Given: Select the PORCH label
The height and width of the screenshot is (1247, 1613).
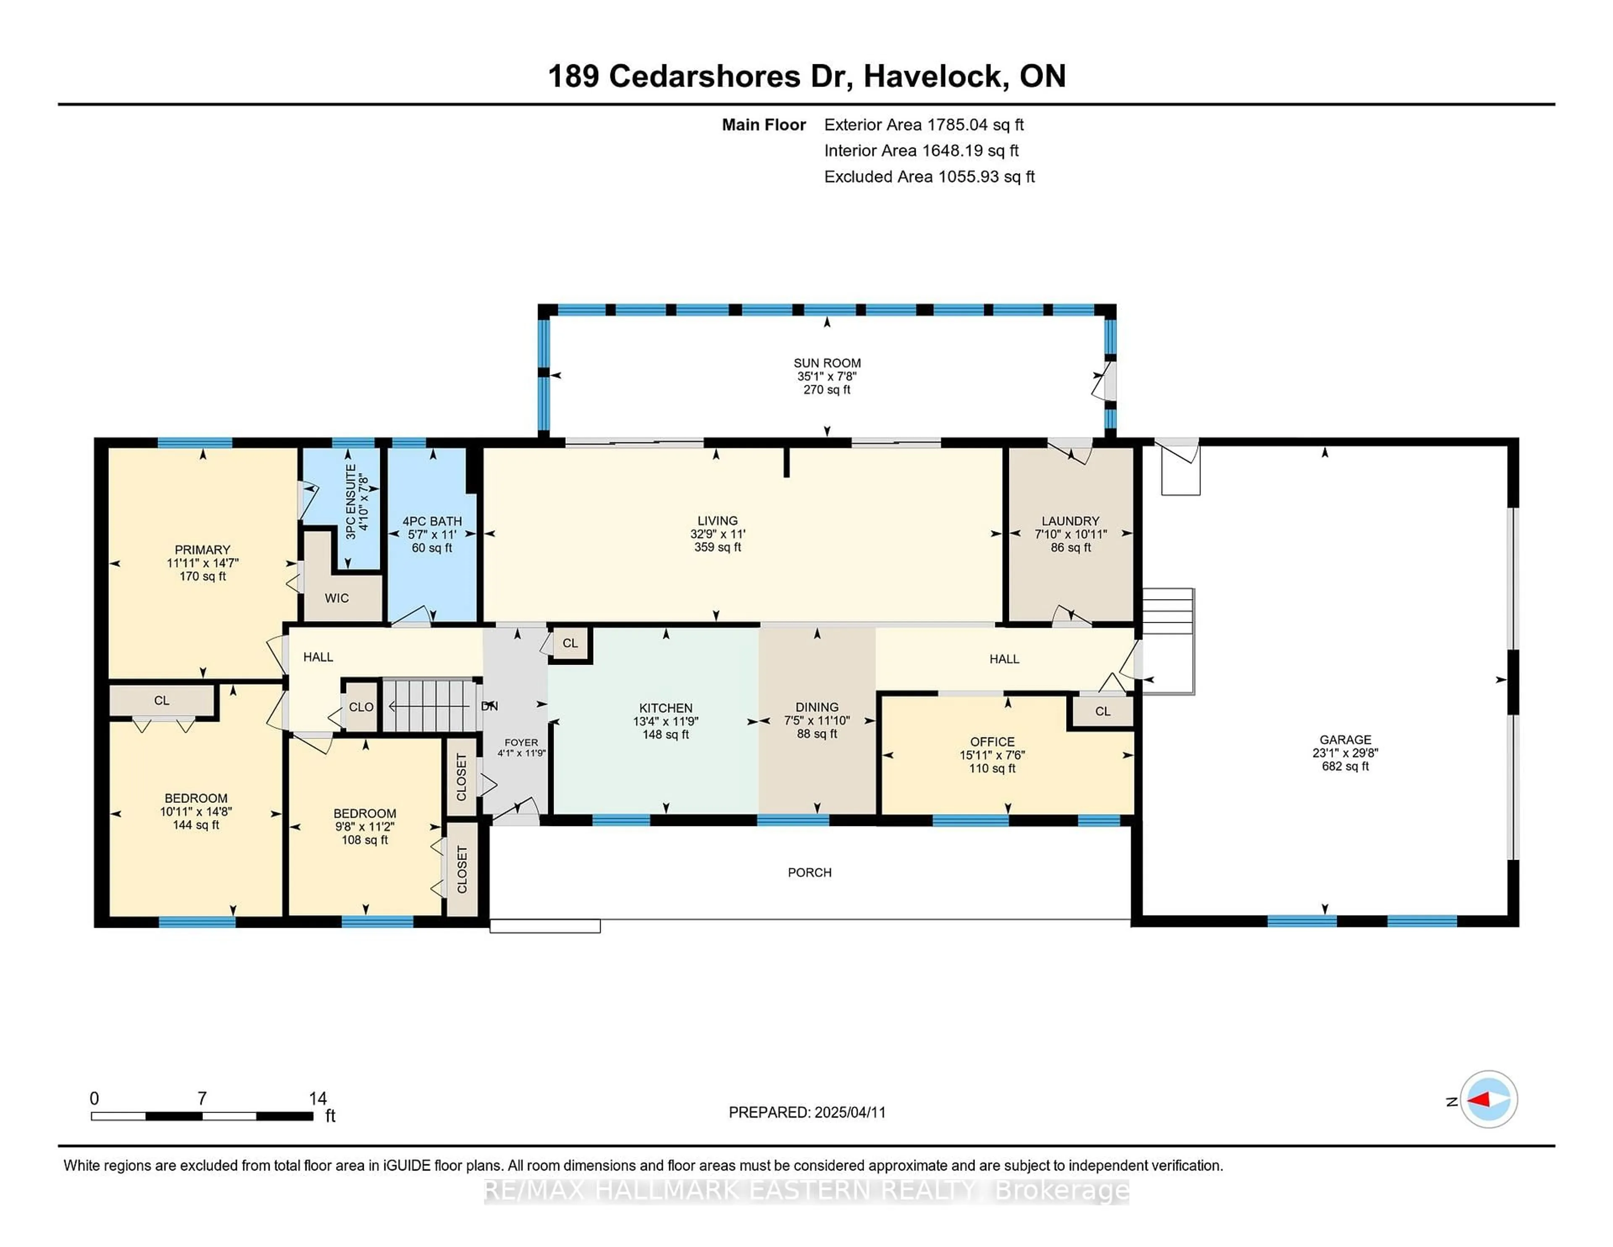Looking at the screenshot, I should (x=809, y=873).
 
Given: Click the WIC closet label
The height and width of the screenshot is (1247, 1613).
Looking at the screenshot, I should (x=337, y=597).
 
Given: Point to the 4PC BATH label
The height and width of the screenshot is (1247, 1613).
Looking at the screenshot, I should (x=432, y=521).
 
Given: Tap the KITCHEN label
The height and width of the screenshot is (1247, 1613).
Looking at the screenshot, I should (x=665, y=708).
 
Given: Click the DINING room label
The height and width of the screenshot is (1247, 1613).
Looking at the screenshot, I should (x=817, y=707).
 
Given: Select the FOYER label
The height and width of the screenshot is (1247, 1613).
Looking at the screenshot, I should (x=521, y=742).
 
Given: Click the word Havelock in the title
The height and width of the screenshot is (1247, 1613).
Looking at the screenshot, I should (x=933, y=76).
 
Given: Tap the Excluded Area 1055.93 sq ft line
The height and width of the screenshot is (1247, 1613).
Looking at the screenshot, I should (x=929, y=176).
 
